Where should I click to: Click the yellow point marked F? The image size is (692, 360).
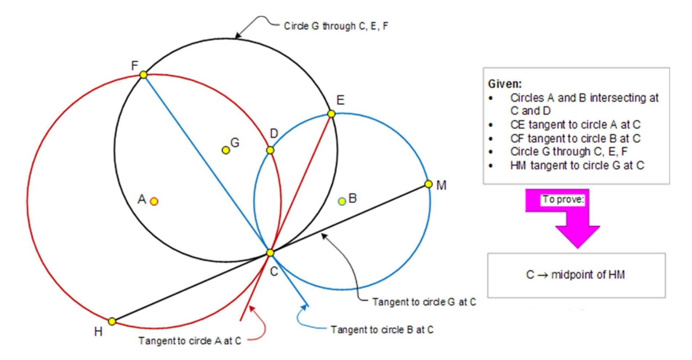click(143, 75)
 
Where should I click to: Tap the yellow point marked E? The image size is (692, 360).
click(331, 114)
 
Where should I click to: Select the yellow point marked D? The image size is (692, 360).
click(270, 150)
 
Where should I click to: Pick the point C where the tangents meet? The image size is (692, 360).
click(270, 253)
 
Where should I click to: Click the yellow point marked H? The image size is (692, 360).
click(112, 321)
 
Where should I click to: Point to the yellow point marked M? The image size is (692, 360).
click(428, 184)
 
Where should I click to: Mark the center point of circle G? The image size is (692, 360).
click(226, 150)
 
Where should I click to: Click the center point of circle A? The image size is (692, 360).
click(154, 201)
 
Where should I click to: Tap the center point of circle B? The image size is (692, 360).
click(342, 201)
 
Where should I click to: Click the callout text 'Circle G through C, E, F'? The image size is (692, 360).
click(336, 26)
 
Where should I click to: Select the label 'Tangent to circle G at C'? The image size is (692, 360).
click(424, 302)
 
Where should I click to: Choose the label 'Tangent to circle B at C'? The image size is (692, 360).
click(382, 330)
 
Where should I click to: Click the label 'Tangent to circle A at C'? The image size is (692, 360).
click(190, 341)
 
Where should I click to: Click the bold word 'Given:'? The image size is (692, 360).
click(505, 84)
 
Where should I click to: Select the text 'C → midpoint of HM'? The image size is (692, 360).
click(576, 275)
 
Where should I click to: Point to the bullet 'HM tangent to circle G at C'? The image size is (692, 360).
click(577, 166)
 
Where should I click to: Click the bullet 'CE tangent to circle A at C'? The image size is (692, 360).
click(575, 125)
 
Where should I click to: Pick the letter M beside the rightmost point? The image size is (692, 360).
click(441, 186)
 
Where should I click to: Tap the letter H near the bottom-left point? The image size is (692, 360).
click(98, 332)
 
